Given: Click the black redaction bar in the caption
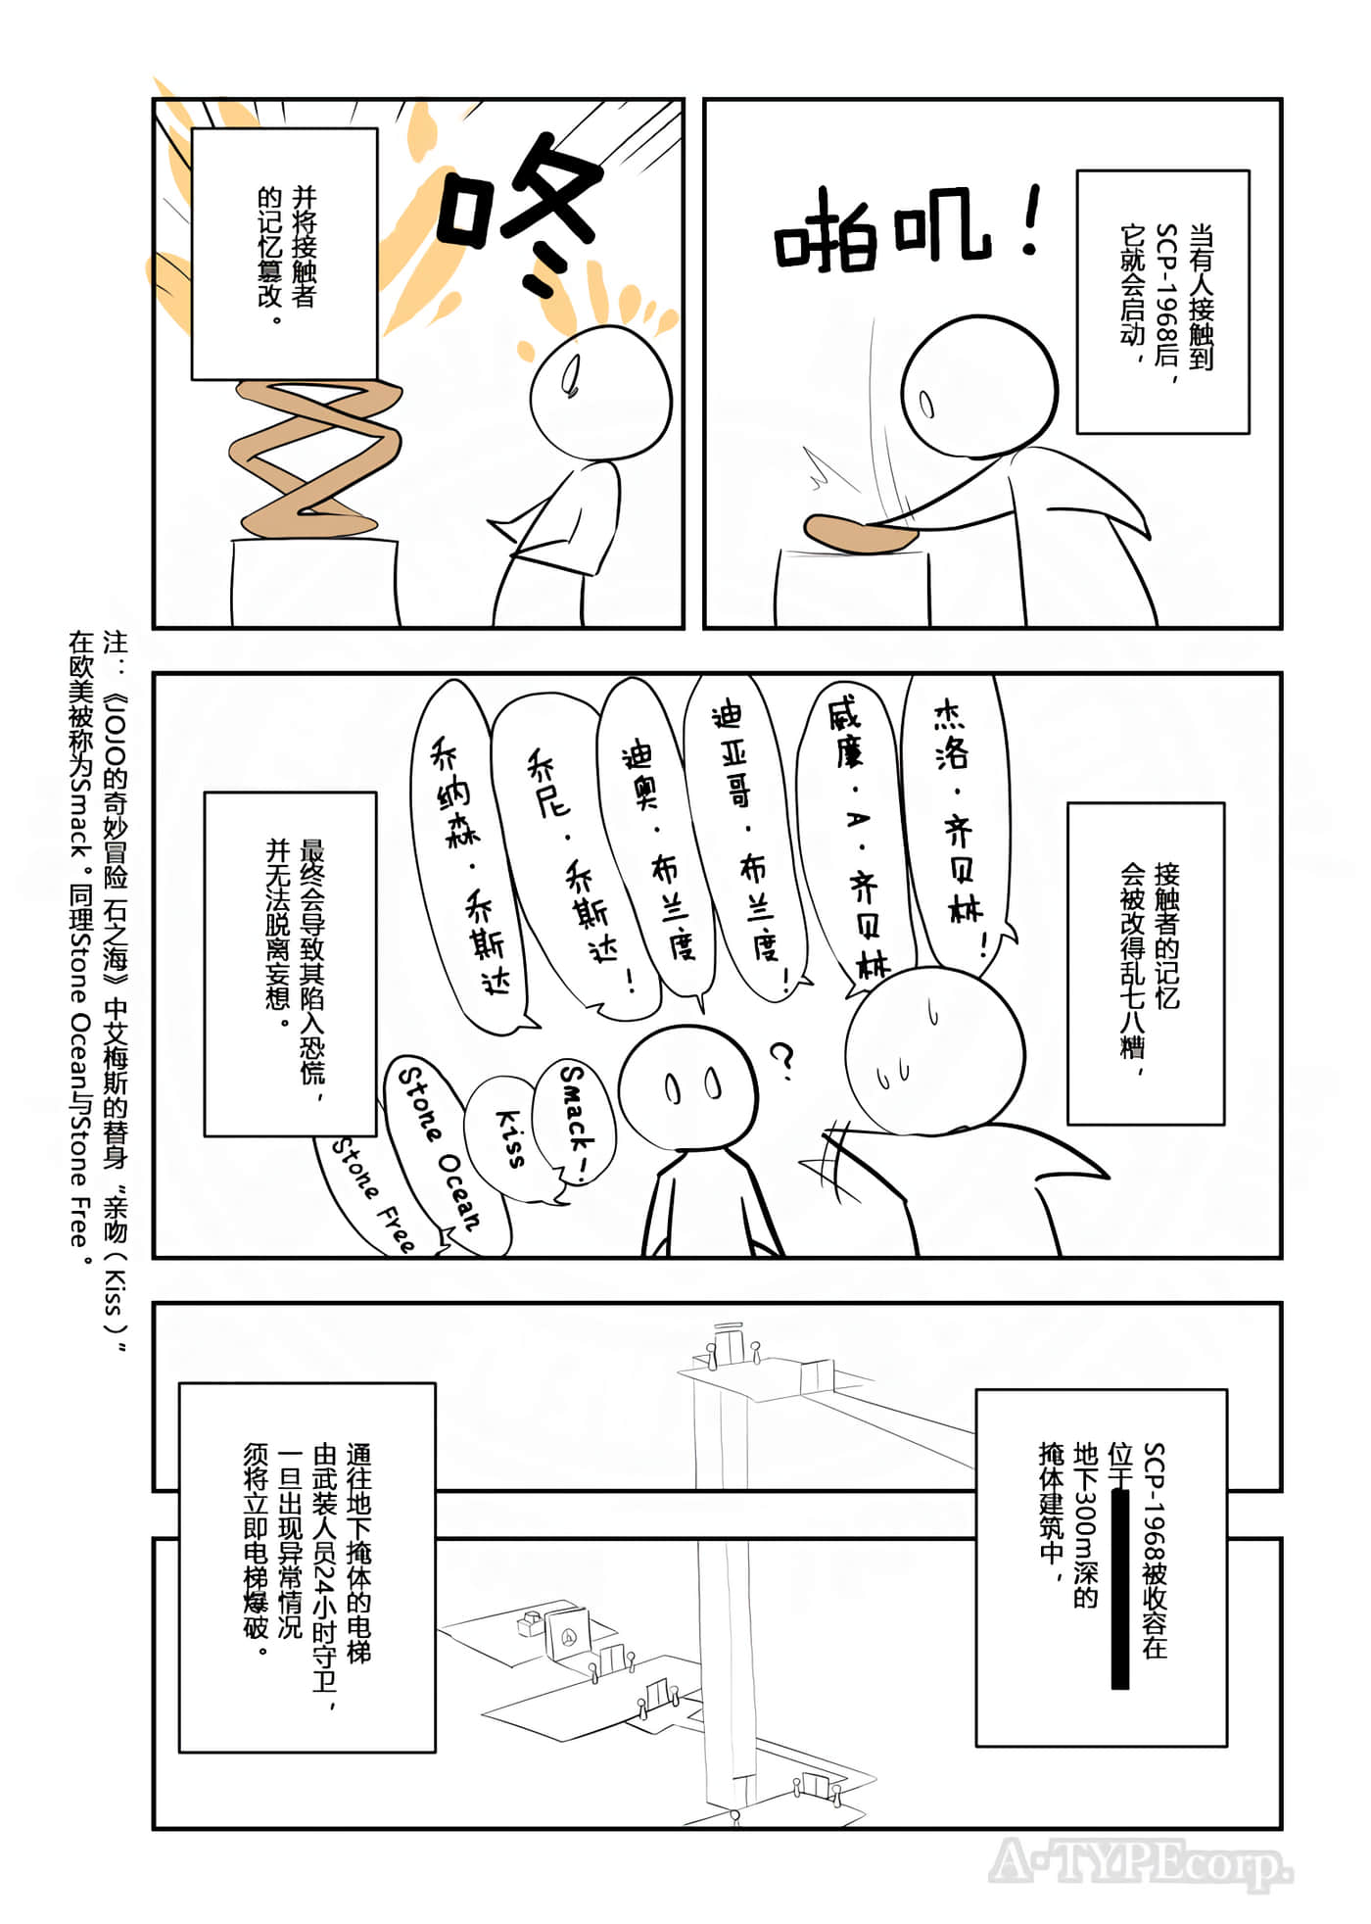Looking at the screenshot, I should (x=1120, y=1587).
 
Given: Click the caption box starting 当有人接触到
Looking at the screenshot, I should (x=1162, y=302).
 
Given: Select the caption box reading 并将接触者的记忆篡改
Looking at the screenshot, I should (x=284, y=253).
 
